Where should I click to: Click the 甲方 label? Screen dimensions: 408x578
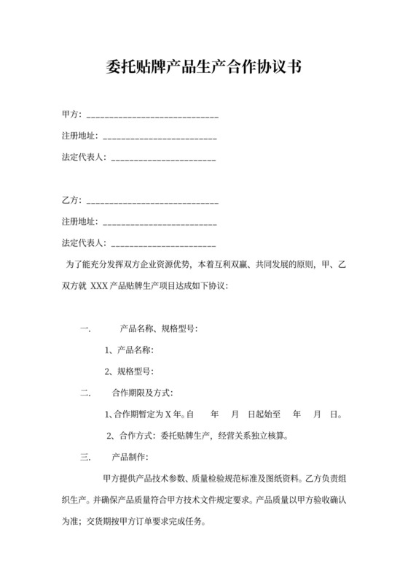tap(71, 115)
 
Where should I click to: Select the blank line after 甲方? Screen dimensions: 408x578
tap(152, 116)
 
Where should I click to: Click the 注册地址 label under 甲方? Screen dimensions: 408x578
tap(79, 136)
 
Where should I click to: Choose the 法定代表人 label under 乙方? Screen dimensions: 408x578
tap(84, 243)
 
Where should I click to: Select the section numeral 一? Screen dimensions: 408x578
tap(85, 329)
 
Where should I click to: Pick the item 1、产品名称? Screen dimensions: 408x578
tap(129, 350)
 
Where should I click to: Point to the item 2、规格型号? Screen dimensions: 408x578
tap(129, 371)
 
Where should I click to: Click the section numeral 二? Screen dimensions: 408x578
tap(85, 393)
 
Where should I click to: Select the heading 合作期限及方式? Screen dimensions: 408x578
tap(142, 393)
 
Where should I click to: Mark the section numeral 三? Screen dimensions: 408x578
tap(85, 458)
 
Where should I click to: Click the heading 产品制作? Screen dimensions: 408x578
tap(130, 458)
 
